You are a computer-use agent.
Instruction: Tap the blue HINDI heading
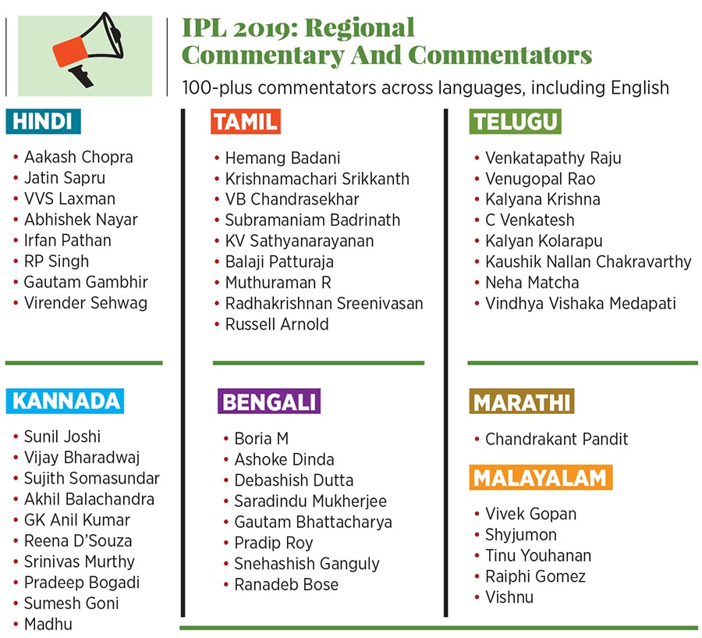point(43,122)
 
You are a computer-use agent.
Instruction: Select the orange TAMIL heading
point(245,122)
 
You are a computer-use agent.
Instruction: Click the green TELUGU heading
point(515,122)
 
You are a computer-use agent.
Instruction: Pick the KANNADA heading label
point(66,401)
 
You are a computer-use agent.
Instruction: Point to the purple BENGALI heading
point(269,401)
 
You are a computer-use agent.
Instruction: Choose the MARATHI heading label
point(522,402)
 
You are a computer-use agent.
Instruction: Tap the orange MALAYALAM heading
point(541,477)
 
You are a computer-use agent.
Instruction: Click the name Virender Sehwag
point(86,303)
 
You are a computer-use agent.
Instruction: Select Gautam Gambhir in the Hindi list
point(86,282)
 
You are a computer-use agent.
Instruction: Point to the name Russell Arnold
point(277,324)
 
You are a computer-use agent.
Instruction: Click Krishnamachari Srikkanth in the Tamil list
point(317,179)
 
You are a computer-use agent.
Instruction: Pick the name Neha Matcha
point(532,283)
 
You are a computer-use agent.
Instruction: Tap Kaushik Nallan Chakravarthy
point(588,262)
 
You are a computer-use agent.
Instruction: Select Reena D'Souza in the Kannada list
point(78,540)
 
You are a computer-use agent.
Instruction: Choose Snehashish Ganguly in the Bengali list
point(307,564)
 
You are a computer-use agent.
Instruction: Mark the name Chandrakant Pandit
point(556,439)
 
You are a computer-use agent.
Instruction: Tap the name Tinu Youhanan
point(538,556)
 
